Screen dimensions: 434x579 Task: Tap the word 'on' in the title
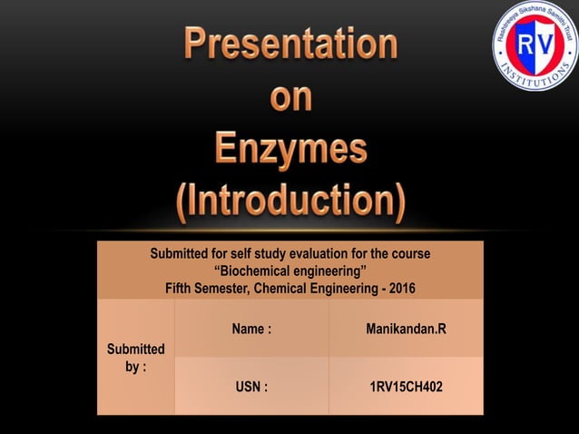pyautogui.click(x=291, y=97)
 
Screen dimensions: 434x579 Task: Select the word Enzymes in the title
pyautogui.click(x=291, y=149)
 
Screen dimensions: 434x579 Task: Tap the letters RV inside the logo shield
pyautogui.click(x=535, y=46)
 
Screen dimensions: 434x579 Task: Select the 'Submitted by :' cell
pyautogui.click(x=135, y=358)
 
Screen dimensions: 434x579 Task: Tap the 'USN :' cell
pyautogui.click(x=251, y=387)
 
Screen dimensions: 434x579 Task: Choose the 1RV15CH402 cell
pyautogui.click(x=406, y=387)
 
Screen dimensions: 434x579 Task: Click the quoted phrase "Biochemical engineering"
pyautogui.click(x=289, y=271)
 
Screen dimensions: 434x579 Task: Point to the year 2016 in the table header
pyautogui.click(x=400, y=289)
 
